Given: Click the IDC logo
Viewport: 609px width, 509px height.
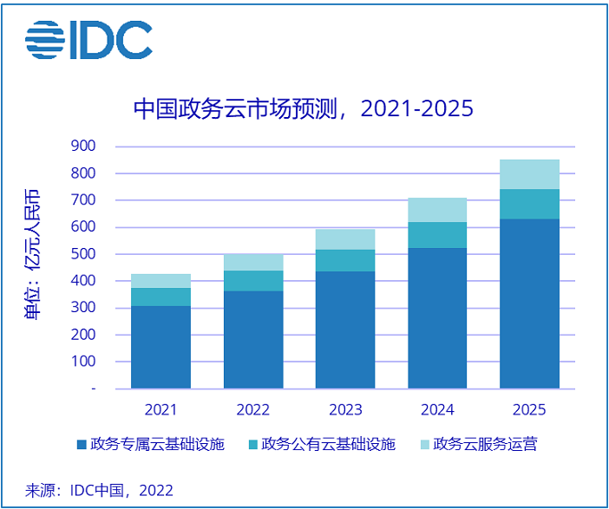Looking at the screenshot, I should (x=88, y=39).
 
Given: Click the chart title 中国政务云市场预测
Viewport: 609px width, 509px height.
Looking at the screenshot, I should (x=303, y=109).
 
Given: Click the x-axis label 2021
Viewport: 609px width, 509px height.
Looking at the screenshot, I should (x=161, y=408).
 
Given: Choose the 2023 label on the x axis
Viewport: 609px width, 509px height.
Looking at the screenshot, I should (x=345, y=408).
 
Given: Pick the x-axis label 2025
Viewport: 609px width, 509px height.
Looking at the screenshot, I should (x=530, y=408).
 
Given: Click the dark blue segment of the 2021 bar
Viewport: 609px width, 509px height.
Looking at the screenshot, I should (x=161, y=347).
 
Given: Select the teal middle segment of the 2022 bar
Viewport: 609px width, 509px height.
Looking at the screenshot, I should (x=253, y=281).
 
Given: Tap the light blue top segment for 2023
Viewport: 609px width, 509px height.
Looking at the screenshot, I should (x=345, y=239).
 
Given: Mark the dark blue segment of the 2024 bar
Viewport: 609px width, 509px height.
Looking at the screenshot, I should (x=437, y=318).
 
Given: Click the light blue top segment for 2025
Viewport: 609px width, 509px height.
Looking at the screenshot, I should (x=530, y=174).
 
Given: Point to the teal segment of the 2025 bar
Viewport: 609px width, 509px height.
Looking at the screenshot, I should (x=530, y=204).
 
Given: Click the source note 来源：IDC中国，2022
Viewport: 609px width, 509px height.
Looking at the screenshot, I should (x=99, y=490).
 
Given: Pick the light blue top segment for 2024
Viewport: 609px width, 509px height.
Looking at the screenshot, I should (x=437, y=210).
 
